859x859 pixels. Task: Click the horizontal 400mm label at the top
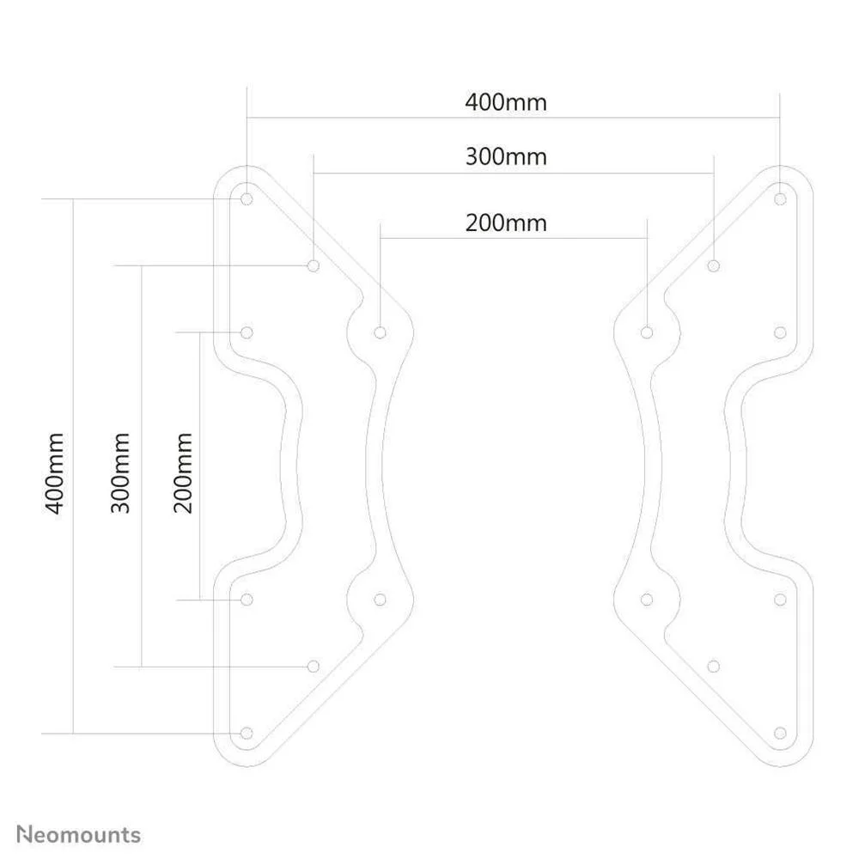[x=506, y=102]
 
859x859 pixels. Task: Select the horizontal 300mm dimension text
[x=506, y=157]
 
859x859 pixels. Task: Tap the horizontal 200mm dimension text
[x=506, y=223]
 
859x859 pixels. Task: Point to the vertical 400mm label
[x=54, y=473]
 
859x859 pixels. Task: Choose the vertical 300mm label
[x=120, y=473]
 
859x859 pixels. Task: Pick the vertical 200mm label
[x=182, y=473]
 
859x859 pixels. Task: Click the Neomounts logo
[x=78, y=835]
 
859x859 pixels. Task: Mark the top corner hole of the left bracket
[x=247, y=199]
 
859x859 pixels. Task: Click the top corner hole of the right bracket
[x=780, y=199]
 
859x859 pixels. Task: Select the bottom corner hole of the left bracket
[x=247, y=733]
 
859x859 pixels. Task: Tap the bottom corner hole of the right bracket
[x=780, y=733]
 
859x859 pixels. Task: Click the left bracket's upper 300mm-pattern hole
[x=314, y=265]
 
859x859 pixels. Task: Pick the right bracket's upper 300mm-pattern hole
[x=713, y=265]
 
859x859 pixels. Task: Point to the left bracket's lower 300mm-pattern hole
[x=314, y=667]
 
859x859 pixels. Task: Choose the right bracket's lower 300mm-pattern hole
[x=713, y=667]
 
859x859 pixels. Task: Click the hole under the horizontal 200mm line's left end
[x=381, y=332]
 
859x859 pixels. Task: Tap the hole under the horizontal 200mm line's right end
[x=647, y=332]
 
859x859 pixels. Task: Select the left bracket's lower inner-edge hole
[x=381, y=600]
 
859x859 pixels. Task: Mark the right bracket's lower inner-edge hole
[x=647, y=600]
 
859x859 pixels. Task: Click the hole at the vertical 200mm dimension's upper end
[x=247, y=332]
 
